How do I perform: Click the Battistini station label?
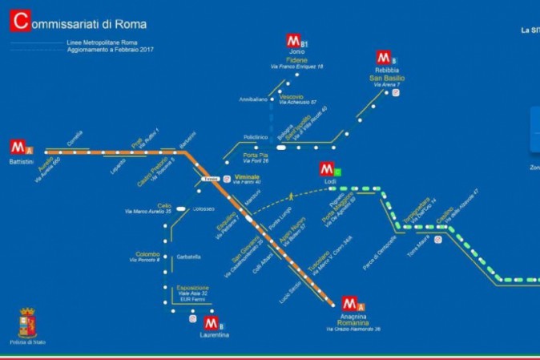(22, 163)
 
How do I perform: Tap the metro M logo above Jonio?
(294, 42)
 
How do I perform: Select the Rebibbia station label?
(387, 71)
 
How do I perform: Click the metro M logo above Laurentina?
(212, 323)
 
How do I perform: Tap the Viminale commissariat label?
(247, 176)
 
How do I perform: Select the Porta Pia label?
(256, 155)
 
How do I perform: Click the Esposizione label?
(192, 287)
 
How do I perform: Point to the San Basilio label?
(387, 79)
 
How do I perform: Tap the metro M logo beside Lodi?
(327, 169)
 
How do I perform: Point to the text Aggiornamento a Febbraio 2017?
(111, 50)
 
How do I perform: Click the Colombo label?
(147, 253)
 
